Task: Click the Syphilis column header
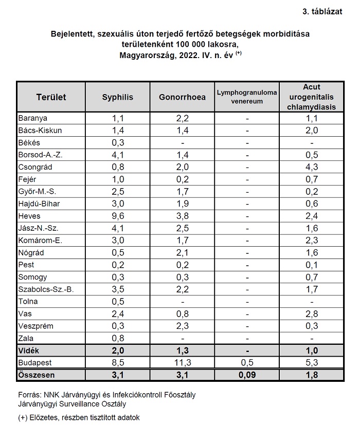pyautogui.click(x=117, y=97)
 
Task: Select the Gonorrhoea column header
pyautogui.click(x=182, y=97)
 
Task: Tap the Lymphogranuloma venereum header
pyautogui.click(x=247, y=97)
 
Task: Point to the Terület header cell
pyautogui.click(x=51, y=97)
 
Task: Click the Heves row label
pyautogui.click(x=29, y=216)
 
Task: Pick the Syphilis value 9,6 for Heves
pyautogui.click(x=118, y=216)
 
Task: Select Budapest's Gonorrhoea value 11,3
pyautogui.click(x=183, y=363)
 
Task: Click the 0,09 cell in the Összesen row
pyautogui.click(x=247, y=375)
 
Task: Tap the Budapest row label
pyautogui.click(x=35, y=363)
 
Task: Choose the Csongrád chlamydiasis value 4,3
pyautogui.click(x=312, y=167)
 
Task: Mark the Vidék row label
pyautogui.click(x=29, y=350)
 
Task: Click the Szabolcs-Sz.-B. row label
pyautogui.click(x=46, y=289)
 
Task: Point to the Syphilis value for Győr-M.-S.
pyautogui.click(x=118, y=192)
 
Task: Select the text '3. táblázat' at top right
pyautogui.click(x=322, y=12)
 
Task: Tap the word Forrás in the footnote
pyautogui.click(x=29, y=395)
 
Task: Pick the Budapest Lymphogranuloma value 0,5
pyautogui.click(x=247, y=363)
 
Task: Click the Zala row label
pyautogui.click(x=26, y=338)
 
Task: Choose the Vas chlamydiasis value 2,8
pyautogui.click(x=312, y=314)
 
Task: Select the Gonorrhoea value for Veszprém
pyautogui.click(x=183, y=326)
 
